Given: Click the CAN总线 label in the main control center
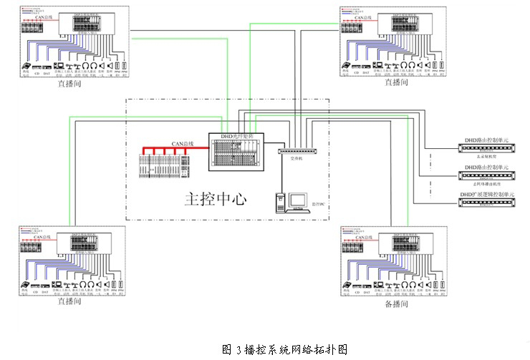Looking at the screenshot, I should (x=183, y=145).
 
